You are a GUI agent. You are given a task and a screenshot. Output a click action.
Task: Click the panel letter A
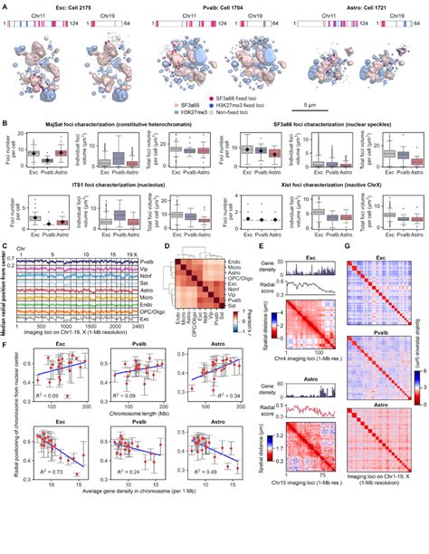(x=5, y=5)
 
